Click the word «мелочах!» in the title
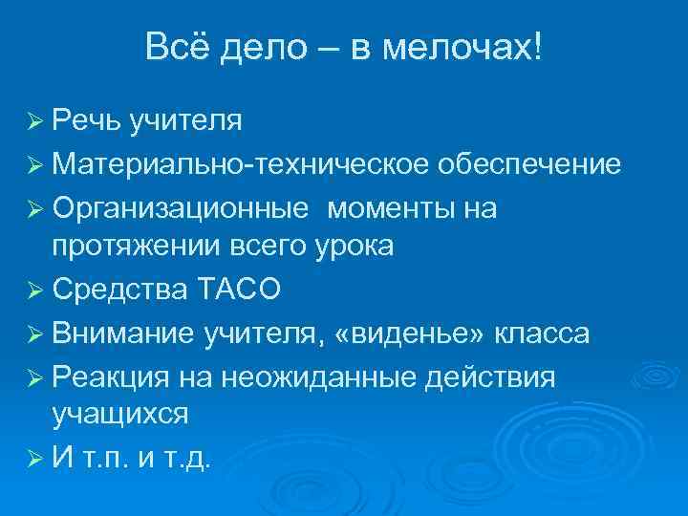click(x=464, y=47)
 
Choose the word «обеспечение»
click(x=531, y=164)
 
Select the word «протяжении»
click(x=136, y=246)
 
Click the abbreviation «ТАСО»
click(x=241, y=290)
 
